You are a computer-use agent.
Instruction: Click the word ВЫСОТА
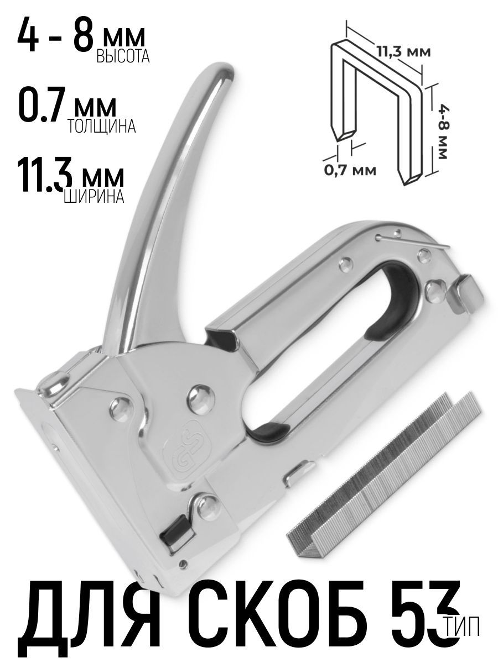[x=123, y=56]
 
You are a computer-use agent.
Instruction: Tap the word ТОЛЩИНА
[x=101, y=127]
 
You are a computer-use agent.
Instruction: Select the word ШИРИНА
[x=94, y=196]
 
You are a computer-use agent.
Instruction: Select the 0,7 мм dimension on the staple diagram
[x=350, y=171]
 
